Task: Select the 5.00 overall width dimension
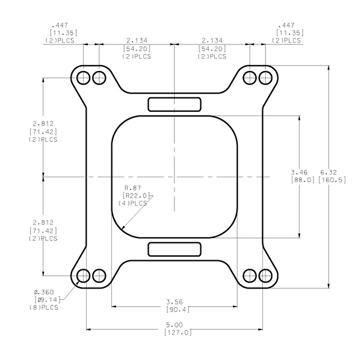(175, 323)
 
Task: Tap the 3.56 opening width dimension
(175, 301)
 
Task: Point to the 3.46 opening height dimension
(300, 171)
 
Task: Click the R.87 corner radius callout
(132, 188)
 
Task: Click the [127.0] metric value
(175, 332)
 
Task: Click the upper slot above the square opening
(174, 104)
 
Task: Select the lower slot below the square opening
(174, 249)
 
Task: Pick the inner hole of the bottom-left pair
(100, 276)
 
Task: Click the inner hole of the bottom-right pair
(249, 276)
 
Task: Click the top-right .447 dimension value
(288, 26)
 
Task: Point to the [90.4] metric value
(175, 310)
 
